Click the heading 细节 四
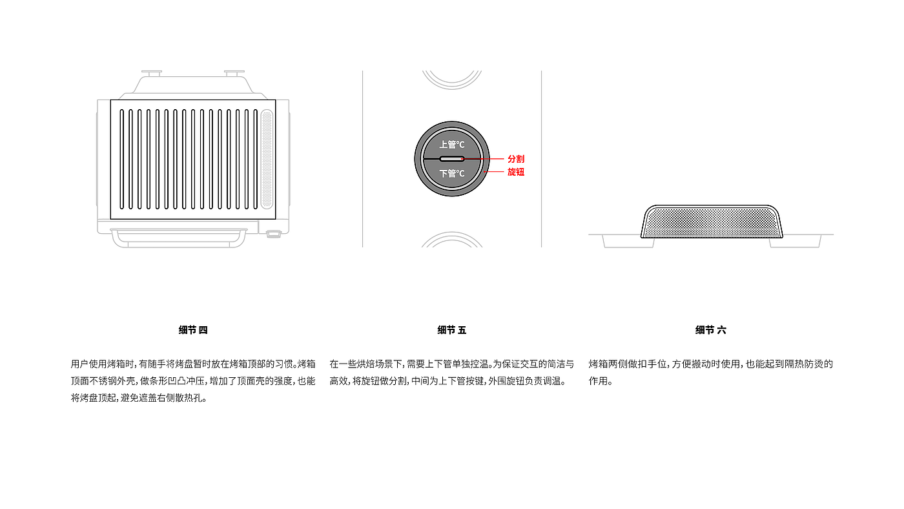point(193,330)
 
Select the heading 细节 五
point(451,330)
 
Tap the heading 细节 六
point(710,330)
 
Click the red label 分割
point(515,159)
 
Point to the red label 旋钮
point(515,172)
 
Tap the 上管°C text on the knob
point(452,145)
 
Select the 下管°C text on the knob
point(452,174)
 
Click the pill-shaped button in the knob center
point(452,159)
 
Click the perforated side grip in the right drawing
point(711,222)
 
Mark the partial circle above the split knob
point(452,79)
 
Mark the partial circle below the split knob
point(452,240)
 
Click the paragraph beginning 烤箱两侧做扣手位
point(710,372)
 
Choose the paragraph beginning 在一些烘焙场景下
point(451,372)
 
